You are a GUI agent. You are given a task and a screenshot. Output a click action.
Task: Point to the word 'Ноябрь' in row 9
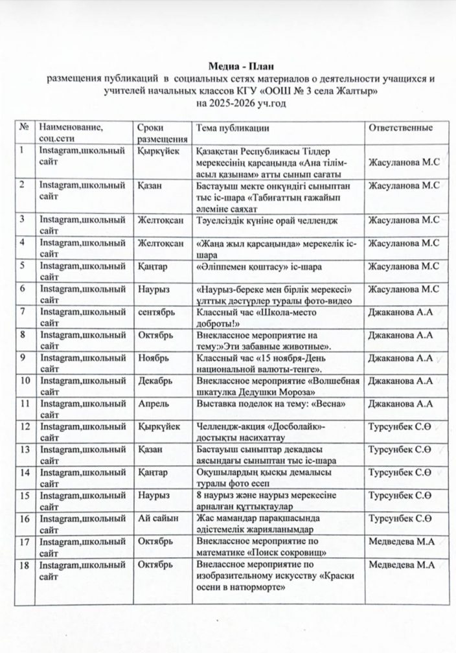152,357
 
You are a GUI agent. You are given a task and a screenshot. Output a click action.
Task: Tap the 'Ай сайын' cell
156,519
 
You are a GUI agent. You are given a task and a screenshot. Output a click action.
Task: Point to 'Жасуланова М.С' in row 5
404,266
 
